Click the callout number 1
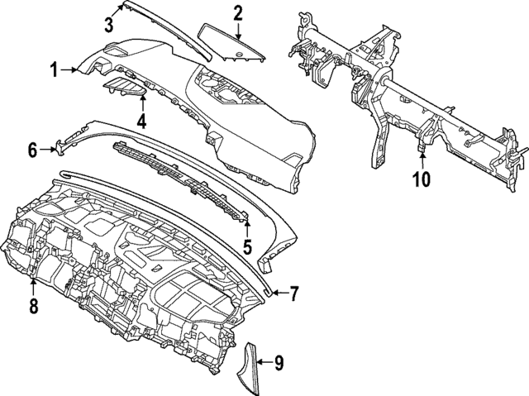pyautogui.click(x=55, y=72)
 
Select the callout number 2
pyautogui.click(x=237, y=12)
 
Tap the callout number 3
pyautogui.click(x=109, y=24)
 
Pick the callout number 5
pyautogui.click(x=246, y=246)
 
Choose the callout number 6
pyautogui.click(x=33, y=150)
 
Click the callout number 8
pyautogui.click(x=33, y=306)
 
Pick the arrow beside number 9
pyautogui.click(x=263, y=360)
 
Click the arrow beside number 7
pyautogui.click(x=279, y=293)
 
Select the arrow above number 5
pyautogui.click(x=246, y=226)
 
